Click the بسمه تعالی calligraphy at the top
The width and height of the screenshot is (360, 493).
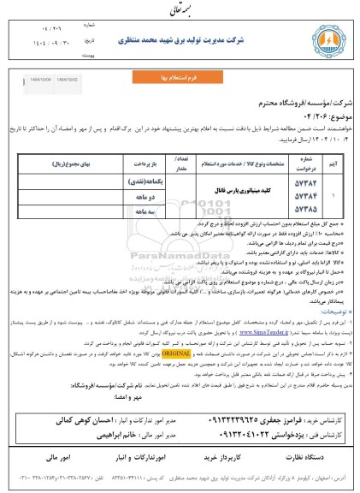tap(180, 9)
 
